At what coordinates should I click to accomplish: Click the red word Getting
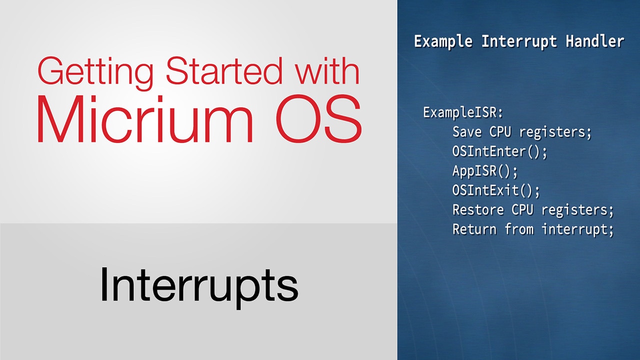(x=95, y=73)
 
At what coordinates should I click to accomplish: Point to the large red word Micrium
(x=145, y=119)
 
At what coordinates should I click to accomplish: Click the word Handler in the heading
(x=595, y=41)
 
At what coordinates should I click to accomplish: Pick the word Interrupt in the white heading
(x=519, y=41)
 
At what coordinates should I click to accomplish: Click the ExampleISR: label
(x=463, y=112)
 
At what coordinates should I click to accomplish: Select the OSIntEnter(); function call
(x=499, y=151)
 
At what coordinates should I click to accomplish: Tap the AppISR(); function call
(x=485, y=171)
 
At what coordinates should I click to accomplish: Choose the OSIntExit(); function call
(x=496, y=190)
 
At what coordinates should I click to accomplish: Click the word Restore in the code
(x=478, y=209)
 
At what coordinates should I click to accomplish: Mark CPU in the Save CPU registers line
(x=500, y=132)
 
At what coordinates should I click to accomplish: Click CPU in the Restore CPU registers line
(x=522, y=209)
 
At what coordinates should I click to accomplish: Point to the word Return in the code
(x=474, y=229)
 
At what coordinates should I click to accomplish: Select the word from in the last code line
(x=519, y=229)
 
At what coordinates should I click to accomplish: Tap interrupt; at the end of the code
(x=577, y=230)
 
